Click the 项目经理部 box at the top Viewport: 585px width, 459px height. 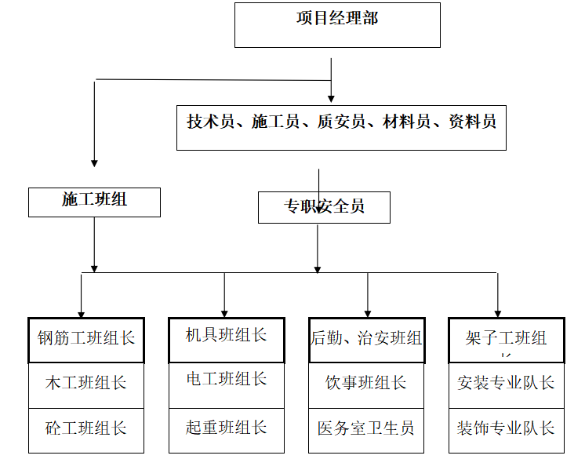[x=337, y=24]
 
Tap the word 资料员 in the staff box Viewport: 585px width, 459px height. [x=472, y=122]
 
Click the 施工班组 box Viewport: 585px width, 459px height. [x=94, y=201]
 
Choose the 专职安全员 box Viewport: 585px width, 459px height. [x=324, y=207]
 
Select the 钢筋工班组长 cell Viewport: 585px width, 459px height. [x=86, y=339]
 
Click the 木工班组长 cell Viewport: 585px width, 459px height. [x=86, y=384]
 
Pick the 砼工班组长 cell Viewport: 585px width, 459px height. [x=86, y=429]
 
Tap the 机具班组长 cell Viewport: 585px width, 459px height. [x=226, y=337]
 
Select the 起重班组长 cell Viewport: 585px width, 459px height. [x=226, y=428]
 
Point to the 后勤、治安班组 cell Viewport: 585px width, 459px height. [x=366, y=339]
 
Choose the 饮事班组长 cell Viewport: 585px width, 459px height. [x=366, y=384]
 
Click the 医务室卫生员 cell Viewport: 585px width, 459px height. [x=366, y=429]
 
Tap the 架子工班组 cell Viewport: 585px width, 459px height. [x=506, y=339]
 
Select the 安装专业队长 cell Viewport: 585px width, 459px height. [x=506, y=384]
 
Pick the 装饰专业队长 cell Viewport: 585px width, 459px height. [x=506, y=429]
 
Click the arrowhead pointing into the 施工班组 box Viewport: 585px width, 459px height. [x=94, y=162]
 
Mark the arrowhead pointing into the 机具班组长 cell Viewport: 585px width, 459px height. [x=225, y=312]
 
